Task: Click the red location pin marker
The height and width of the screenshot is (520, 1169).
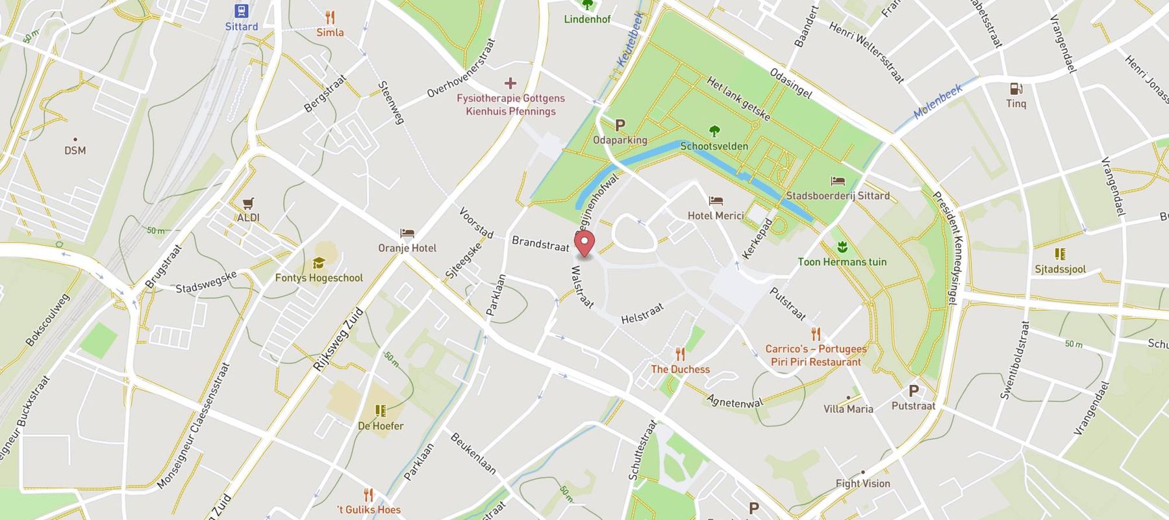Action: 585,245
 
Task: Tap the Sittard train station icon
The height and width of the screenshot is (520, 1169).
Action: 242,11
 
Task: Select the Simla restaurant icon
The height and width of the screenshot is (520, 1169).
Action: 330,18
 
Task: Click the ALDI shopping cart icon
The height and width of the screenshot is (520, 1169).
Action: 248,203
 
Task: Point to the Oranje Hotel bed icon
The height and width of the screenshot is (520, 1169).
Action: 407,233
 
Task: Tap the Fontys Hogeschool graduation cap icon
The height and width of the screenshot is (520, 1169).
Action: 318,263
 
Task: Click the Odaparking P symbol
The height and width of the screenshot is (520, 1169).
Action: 620,125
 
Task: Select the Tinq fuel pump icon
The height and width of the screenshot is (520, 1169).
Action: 1016,89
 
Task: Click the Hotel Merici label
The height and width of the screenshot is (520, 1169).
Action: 716,215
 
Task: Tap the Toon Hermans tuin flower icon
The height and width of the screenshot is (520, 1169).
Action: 842,247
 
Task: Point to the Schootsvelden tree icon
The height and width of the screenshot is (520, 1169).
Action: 714,131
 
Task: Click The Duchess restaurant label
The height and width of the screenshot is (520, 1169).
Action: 680,369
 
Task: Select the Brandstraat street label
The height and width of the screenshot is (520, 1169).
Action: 540,244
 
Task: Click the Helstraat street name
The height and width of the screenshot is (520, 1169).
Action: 642,313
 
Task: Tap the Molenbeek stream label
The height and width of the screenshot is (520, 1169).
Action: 938,102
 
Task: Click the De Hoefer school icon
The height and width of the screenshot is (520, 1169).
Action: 381,411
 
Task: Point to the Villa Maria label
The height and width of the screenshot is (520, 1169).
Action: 848,409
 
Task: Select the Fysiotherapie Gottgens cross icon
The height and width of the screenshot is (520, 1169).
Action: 510,83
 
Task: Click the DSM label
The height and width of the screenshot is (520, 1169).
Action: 75,150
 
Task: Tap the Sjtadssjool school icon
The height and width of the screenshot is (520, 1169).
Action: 1060,253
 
